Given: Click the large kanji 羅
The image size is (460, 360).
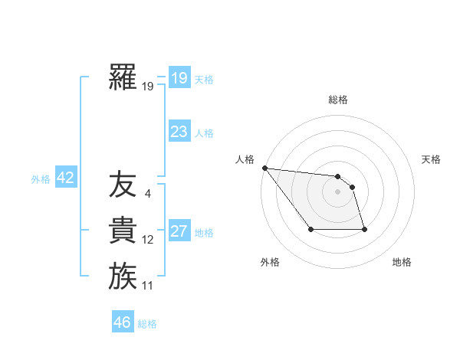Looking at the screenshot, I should [123, 77].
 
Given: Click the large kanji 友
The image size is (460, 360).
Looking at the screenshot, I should [123, 185].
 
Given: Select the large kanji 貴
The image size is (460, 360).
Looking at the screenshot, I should [123, 231].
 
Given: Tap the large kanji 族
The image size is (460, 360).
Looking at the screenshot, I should [123, 276].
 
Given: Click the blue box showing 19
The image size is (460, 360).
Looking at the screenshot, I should [179, 77].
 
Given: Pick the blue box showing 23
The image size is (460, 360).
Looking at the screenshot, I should [179, 132].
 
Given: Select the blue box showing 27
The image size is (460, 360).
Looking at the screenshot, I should [179, 231].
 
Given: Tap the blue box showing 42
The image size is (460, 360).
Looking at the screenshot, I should [65, 178].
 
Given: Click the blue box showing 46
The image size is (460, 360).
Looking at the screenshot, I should [122, 322].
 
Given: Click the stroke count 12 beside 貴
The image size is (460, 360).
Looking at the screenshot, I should [147, 240].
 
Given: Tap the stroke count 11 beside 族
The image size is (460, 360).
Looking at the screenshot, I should [147, 286].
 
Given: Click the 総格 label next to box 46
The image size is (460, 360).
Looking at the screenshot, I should [147, 324].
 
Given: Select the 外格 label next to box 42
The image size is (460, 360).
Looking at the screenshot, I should [41, 179].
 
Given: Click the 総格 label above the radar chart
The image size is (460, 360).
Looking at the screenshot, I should [338, 100].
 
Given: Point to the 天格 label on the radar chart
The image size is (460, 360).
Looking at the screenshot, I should [432, 159].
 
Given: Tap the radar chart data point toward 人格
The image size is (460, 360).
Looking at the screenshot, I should [264, 168].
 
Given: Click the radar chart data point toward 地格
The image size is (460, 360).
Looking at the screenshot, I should [364, 229].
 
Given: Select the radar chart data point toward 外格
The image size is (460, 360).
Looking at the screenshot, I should [310, 229].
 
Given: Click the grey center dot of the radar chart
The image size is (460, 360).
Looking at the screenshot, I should [337, 191].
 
